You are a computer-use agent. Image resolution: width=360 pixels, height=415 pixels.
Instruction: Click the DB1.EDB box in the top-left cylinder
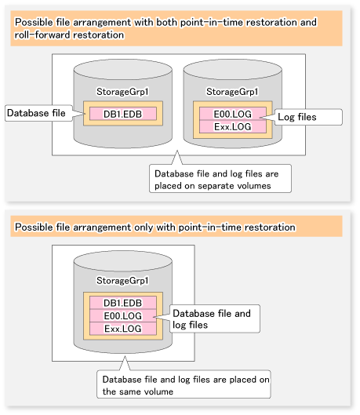pos(123,114)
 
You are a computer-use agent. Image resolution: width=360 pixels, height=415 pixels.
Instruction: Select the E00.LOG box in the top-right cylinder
pos(232,114)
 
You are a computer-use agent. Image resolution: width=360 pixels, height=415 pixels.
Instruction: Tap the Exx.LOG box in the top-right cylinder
pos(232,127)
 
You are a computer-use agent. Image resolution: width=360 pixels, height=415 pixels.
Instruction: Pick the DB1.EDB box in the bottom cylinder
pos(123,303)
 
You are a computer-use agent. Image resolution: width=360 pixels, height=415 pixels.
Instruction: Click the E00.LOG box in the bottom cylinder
pos(123,315)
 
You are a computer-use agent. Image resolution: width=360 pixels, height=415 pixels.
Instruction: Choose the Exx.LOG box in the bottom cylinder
pos(123,329)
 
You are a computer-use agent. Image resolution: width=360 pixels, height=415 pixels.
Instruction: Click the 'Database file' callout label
pos(38,113)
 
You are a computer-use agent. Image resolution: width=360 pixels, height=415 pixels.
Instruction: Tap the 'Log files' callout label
pos(308,117)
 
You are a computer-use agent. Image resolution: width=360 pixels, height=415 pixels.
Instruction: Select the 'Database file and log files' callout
pos(215,319)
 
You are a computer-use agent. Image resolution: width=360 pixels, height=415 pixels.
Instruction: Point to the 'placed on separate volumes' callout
pos(220,179)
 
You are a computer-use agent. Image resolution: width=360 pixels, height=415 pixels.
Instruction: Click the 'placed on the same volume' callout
pos(184,384)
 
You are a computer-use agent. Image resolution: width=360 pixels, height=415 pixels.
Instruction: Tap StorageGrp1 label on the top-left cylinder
pos(122,92)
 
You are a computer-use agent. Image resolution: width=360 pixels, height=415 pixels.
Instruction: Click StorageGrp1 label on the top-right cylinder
pos(232,92)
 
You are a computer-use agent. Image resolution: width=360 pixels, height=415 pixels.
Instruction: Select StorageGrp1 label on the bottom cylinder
pos(122,281)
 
